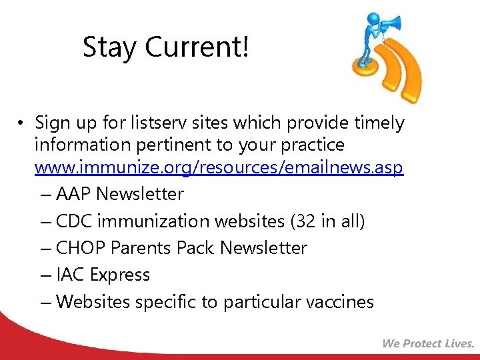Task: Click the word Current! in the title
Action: coord(197,48)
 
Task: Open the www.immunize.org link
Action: coord(219,167)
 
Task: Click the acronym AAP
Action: coord(74,195)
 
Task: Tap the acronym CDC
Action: coord(74,221)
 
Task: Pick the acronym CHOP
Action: coord(81,248)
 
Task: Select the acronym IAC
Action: coord(71,275)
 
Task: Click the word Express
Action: coord(120,275)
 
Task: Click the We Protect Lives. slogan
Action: coord(428,344)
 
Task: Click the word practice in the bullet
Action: coord(313,145)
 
